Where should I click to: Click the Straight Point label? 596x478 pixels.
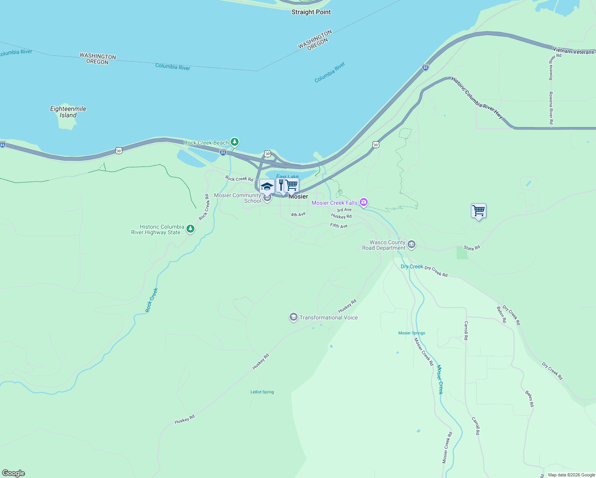click(x=311, y=12)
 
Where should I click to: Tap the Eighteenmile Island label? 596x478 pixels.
click(x=68, y=112)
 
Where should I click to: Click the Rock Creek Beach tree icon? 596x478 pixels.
click(x=235, y=142)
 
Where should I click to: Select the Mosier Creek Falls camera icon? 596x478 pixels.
click(x=363, y=203)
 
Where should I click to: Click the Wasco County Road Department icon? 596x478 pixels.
click(x=412, y=245)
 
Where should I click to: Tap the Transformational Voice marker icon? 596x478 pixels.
click(x=294, y=317)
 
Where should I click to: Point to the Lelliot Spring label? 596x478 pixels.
click(x=262, y=392)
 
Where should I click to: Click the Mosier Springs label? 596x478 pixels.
click(x=412, y=333)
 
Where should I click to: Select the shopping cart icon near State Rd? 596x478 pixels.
click(x=478, y=210)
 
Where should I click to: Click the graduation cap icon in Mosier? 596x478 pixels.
click(x=267, y=186)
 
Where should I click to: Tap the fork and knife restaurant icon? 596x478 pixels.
click(x=280, y=184)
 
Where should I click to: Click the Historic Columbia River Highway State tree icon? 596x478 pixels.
click(x=190, y=229)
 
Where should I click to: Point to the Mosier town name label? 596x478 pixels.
click(x=298, y=196)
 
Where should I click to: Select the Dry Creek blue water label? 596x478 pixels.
click(x=412, y=266)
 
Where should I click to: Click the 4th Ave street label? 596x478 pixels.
click(x=298, y=215)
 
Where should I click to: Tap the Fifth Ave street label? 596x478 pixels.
click(x=339, y=226)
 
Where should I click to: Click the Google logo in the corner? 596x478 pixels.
click(x=13, y=473)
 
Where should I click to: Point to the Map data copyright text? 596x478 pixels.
click(x=571, y=475)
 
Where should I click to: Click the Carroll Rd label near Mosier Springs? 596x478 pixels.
click(x=466, y=330)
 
